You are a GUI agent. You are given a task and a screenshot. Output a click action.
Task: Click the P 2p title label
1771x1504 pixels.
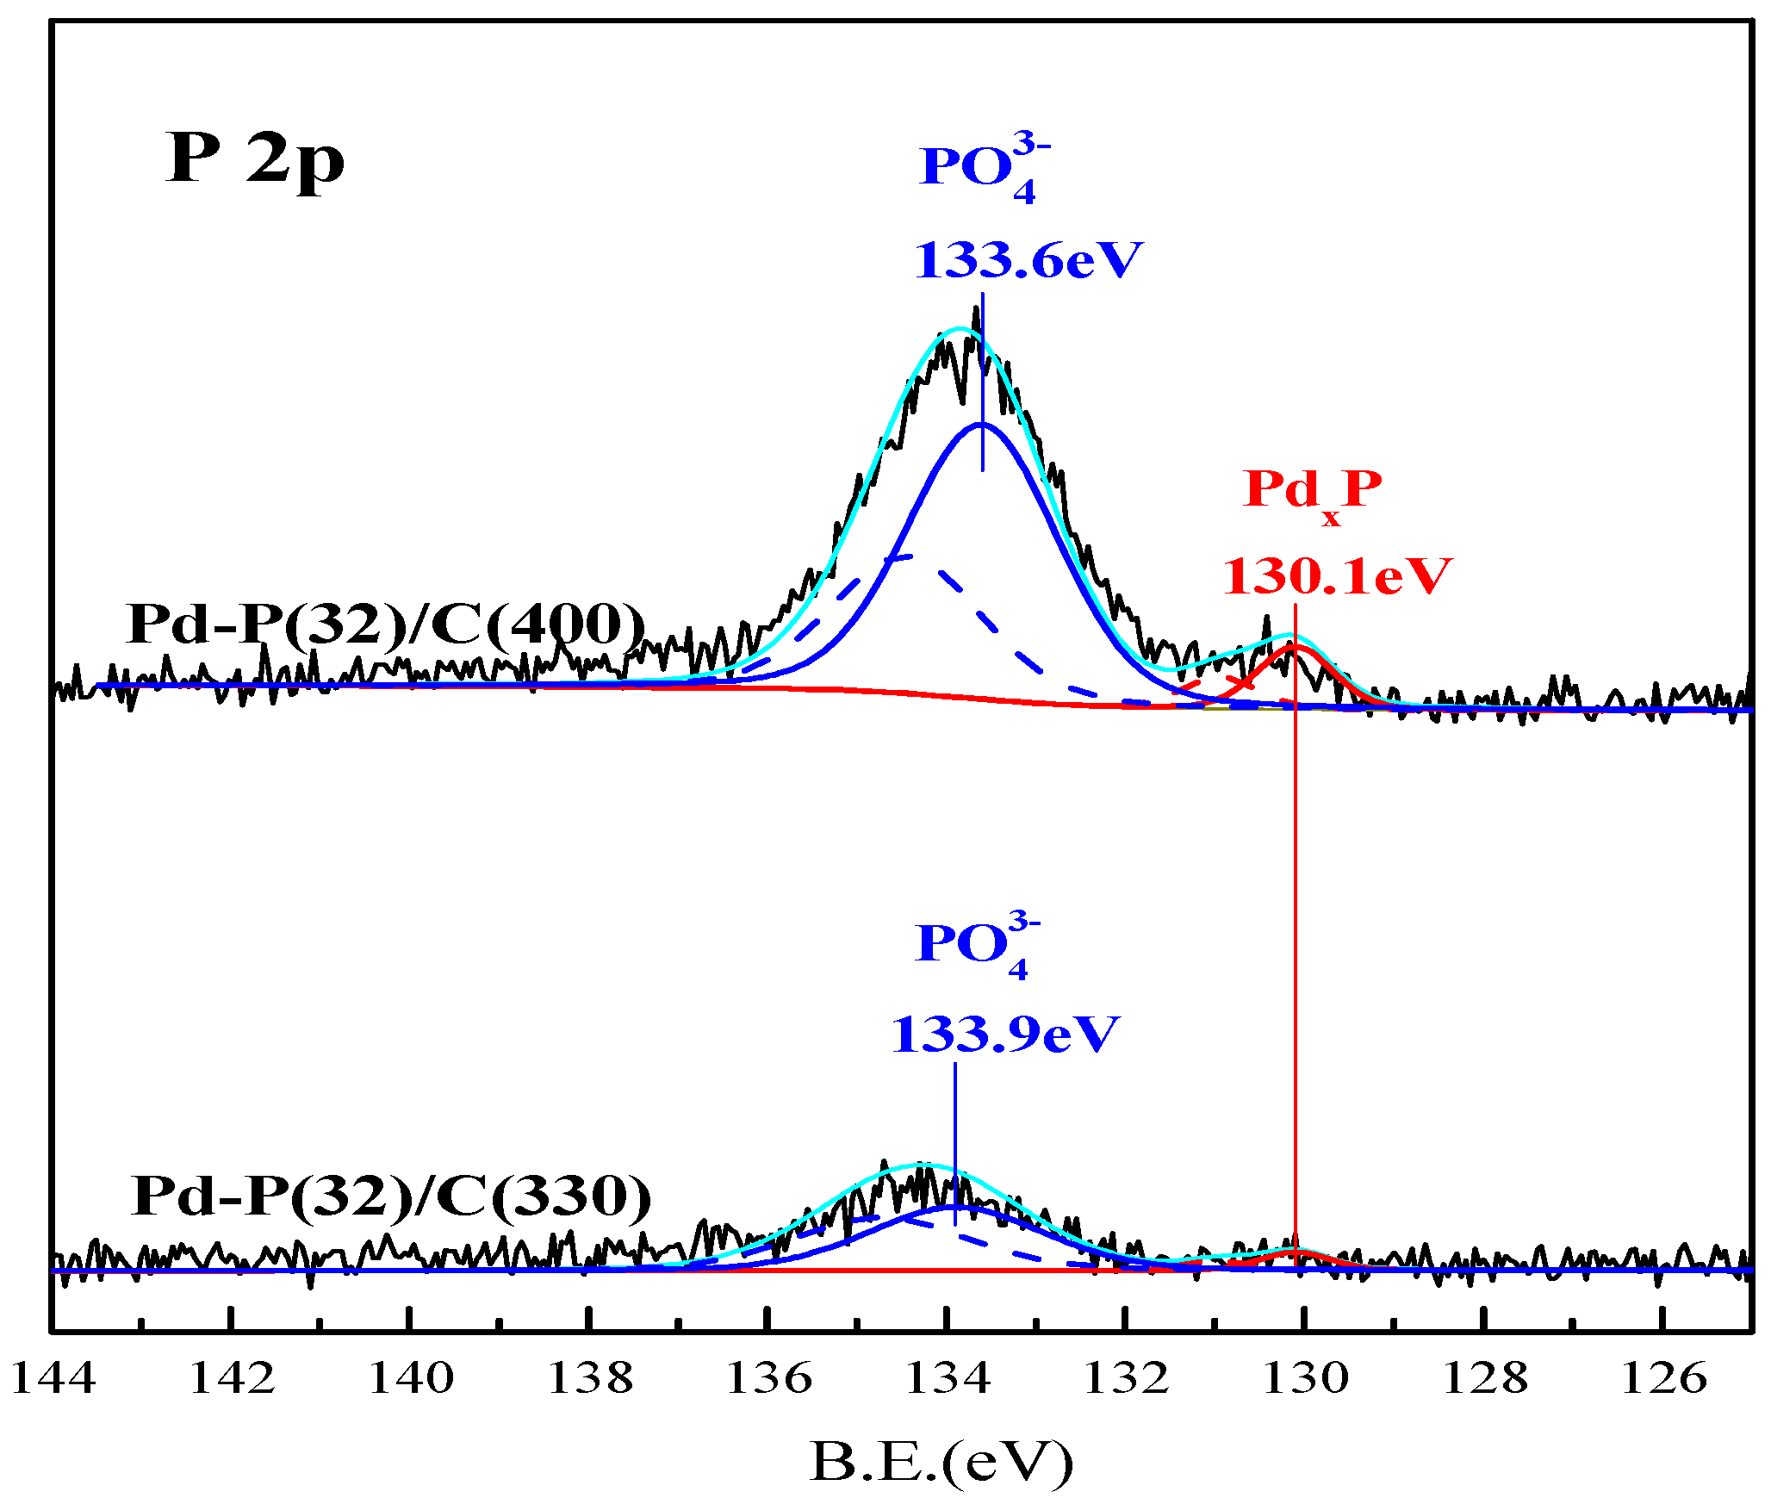(x=255, y=159)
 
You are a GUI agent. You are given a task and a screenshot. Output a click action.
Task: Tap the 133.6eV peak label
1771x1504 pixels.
(x=1028, y=260)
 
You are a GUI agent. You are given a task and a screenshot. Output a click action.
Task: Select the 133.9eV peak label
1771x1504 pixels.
(x=1004, y=1035)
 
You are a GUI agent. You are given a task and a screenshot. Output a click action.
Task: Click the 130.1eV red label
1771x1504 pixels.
(x=1337, y=576)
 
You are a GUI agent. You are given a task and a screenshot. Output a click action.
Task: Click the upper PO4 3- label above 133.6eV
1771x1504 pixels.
(x=984, y=169)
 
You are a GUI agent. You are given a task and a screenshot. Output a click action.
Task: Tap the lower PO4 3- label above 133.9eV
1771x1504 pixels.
(x=977, y=946)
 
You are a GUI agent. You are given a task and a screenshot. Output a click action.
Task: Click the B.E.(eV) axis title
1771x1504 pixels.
(x=941, y=1462)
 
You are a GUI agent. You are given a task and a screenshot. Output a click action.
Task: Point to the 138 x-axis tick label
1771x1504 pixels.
(x=590, y=1378)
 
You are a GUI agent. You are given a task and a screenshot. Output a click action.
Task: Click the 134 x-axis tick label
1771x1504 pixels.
(x=948, y=1378)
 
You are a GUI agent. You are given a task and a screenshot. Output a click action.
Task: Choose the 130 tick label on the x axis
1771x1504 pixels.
(x=1305, y=1378)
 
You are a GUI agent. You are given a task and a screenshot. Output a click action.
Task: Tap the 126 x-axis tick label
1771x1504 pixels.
(x=1662, y=1378)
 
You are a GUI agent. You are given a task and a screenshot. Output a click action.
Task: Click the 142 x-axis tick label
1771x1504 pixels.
(x=232, y=1378)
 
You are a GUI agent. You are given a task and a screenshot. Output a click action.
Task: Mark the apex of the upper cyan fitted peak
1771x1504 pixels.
(x=960, y=328)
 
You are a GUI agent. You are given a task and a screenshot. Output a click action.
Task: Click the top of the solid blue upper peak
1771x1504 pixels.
(x=981, y=424)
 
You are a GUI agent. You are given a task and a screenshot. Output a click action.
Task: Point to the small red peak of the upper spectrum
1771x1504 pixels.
(x=1292, y=648)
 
